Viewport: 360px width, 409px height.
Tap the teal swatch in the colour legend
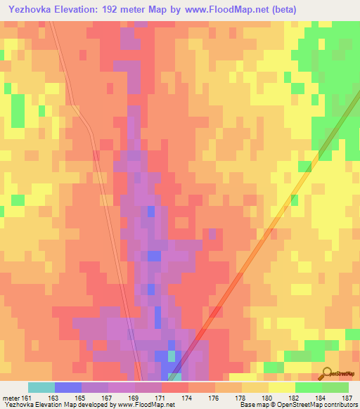click(x=41, y=387)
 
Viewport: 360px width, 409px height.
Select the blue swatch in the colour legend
click(x=67, y=387)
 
